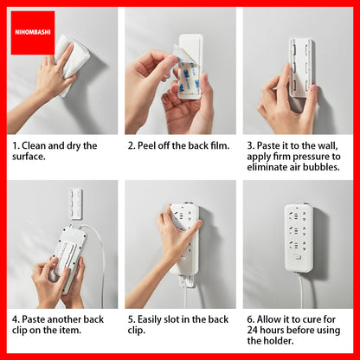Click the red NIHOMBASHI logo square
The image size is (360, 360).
point(33,33)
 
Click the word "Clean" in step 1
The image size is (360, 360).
point(34,145)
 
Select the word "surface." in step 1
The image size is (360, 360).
point(29,157)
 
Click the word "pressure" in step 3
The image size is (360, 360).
point(311,157)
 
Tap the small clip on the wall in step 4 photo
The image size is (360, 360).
point(76,203)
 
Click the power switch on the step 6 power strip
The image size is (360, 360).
point(297,257)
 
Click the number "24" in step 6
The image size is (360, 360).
point(253,331)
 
